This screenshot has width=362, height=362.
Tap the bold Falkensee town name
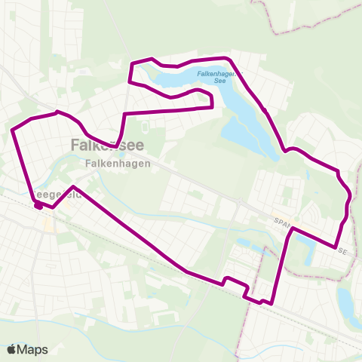click(106, 146)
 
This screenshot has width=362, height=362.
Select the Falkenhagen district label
click(118, 162)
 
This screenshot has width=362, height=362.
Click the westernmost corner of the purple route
click(12, 130)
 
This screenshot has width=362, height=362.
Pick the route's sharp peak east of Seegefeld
click(73, 186)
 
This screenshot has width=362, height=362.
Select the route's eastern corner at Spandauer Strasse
click(335, 247)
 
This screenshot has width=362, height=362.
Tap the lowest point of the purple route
click(261, 303)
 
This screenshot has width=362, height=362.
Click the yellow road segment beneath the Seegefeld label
click(48, 225)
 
